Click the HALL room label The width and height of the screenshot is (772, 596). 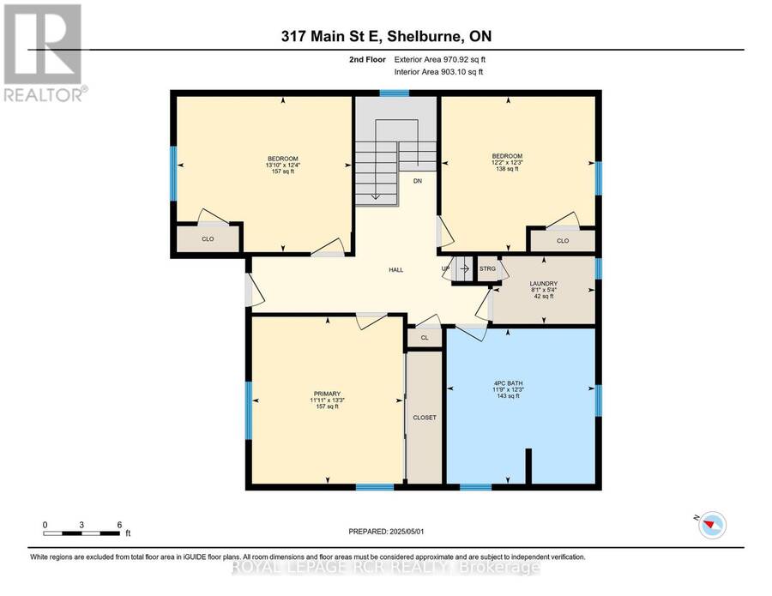pos(395,270)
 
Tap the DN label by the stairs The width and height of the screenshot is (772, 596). pos(418,181)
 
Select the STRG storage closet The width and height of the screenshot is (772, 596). pos(487,268)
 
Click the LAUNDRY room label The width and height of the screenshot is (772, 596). pos(544,284)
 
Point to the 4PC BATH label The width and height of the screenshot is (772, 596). pos(508,382)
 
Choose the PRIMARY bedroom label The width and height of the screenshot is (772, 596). pos(327,394)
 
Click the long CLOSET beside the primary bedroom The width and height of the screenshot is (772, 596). pos(425,418)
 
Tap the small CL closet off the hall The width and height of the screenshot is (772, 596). pos(425,338)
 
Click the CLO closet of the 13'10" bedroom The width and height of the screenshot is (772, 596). pos(208,238)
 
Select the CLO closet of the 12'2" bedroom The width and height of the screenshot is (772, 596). pos(562,241)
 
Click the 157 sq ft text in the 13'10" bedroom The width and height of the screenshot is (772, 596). pos(282,172)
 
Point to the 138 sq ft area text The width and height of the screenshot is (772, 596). pos(507,169)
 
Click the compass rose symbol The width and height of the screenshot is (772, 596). pos(712,525)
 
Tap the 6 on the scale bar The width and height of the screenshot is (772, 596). pos(119,525)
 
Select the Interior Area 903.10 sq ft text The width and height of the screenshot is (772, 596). pos(438,72)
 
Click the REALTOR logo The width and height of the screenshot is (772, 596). pos(45,53)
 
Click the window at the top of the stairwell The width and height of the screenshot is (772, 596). pos(395,93)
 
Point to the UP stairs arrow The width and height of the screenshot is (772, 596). pos(464,269)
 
